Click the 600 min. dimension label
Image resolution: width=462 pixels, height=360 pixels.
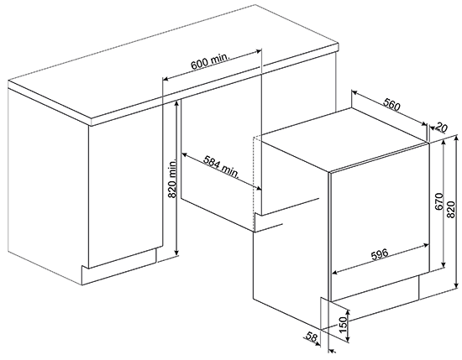tap(210, 61)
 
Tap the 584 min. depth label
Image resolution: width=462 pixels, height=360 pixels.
tap(222, 167)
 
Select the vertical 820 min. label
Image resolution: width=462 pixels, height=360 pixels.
tap(171, 178)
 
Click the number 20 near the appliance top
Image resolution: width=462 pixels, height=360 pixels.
tap(441, 128)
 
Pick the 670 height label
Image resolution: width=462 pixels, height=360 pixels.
tap(439, 201)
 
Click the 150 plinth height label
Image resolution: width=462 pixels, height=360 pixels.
tap(343, 325)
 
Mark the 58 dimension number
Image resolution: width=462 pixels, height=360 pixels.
tap(312, 337)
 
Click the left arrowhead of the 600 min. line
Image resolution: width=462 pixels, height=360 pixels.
tap(165, 79)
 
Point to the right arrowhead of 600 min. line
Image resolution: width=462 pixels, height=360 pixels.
tap(260, 51)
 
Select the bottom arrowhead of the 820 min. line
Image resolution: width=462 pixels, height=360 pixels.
tap(176, 253)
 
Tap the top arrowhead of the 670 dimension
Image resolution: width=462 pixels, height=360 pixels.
tap(443, 143)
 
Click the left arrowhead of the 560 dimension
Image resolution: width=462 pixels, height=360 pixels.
tap(354, 93)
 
